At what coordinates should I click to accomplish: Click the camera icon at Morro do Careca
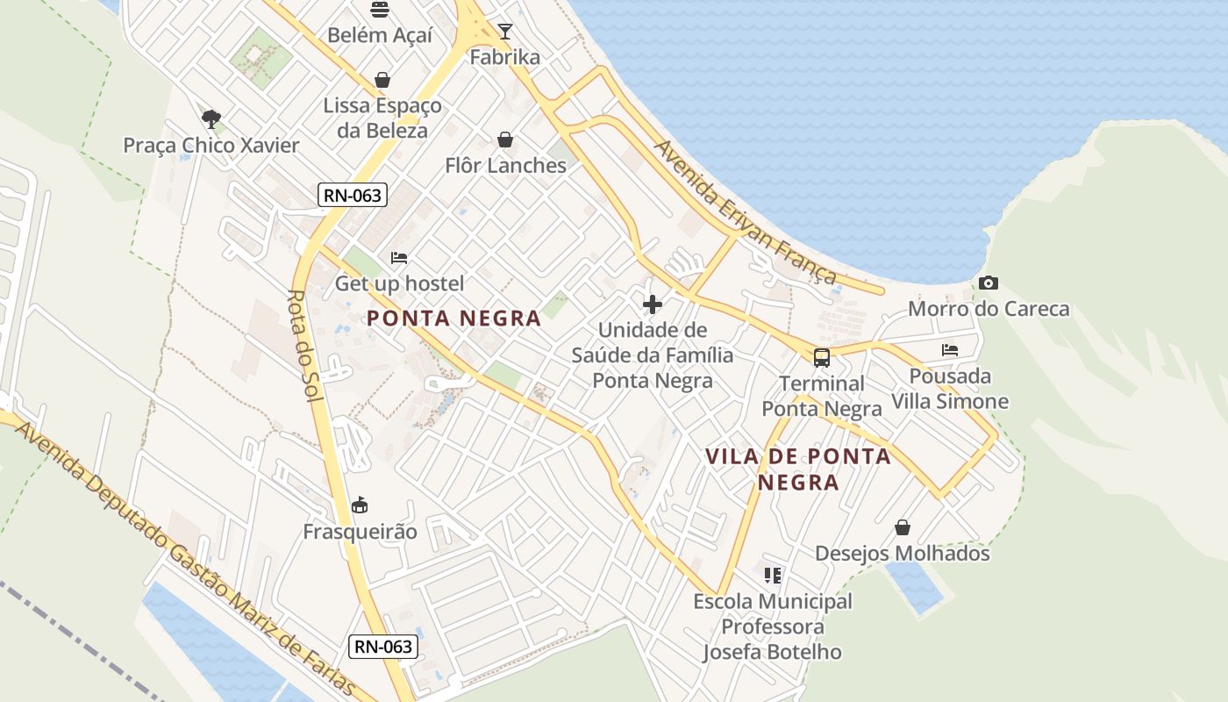coord(989,283)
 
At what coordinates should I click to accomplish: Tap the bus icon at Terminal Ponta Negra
coord(822,357)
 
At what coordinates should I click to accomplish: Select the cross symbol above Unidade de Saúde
coord(653,304)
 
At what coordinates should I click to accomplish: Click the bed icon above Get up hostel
coord(399,258)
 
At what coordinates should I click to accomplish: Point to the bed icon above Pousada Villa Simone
coord(950,349)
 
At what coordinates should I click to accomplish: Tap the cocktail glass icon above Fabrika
coord(505,32)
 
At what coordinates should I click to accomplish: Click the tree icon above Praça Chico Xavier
coord(211,118)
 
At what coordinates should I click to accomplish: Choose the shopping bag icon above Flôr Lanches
coord(505,140)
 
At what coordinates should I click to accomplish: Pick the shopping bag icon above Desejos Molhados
coord(903,527)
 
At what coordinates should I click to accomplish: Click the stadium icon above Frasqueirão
coord(360,505)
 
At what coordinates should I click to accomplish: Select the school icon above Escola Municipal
coord(773,576)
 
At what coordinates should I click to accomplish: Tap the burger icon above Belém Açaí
coord(380,10)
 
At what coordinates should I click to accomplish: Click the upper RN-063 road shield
coord(353,195)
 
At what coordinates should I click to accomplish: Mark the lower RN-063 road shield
coord(382,648)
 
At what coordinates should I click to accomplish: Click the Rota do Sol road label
coord(306,346)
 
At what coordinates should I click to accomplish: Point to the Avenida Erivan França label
coord(746,212)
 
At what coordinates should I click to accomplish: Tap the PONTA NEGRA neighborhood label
coord(454,318)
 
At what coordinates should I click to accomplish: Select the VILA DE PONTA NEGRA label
coord(798,469)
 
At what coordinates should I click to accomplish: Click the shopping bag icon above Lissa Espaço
coord(382,80)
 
